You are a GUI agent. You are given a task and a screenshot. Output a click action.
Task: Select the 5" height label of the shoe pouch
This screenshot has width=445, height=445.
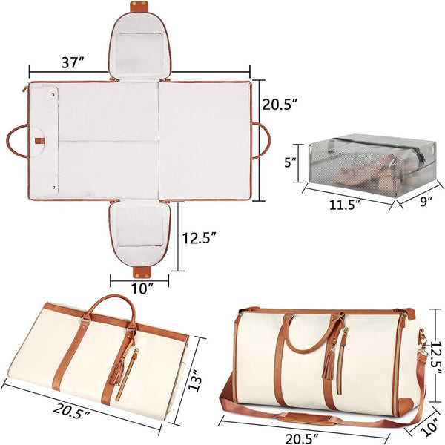[291, 162]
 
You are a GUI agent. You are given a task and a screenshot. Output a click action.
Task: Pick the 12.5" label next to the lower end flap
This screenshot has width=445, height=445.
[201, 239]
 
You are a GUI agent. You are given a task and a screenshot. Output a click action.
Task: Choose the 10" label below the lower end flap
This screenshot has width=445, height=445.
[139, 288]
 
